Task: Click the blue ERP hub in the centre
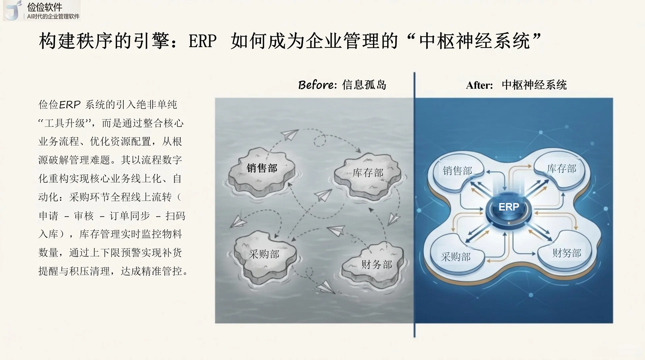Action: pos(508,207)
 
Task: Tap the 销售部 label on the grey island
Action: pos(262,168)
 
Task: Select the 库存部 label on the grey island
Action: pos(368,173)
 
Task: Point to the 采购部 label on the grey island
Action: pos(264,254)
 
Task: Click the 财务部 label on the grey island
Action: pos(377,265)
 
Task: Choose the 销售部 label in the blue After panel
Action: pos(457,171)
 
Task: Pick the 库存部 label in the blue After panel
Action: pos(562,169)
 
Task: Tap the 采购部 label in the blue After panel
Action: pos(456,257)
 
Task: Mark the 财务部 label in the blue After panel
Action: pos(567,253)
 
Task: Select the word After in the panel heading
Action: pos(479,85)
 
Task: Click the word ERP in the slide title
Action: pos(202,41)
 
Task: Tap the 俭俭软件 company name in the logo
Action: pos(45,7)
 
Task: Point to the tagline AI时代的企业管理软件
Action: pos(53,16)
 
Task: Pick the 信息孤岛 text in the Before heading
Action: pos(364,85)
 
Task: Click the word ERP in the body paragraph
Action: pos(70,105)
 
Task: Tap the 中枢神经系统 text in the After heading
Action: pos(534,85)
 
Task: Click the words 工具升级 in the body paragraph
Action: pos(65,123)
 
